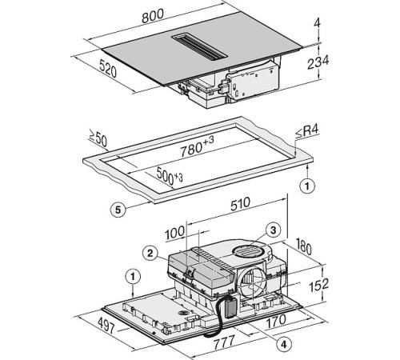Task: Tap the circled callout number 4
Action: pyautogui.click(x=286, y=346)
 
